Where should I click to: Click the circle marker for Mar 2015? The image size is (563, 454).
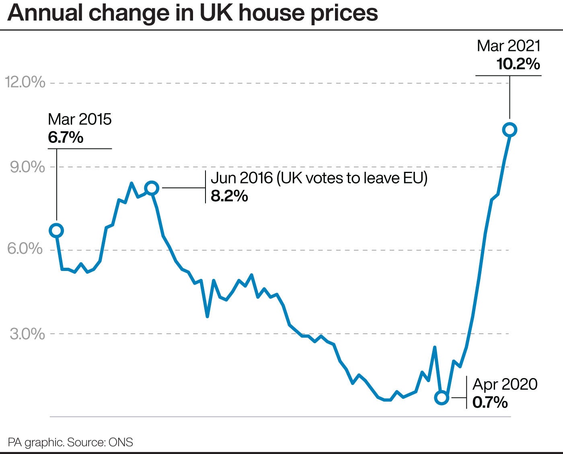(x=56, y=230)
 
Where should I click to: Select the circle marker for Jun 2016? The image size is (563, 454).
(x=152, y=187)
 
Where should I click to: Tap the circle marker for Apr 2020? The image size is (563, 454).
(x=442, y=397)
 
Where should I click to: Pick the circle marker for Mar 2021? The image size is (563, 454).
(x=510, y=130)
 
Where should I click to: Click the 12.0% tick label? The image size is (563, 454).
(x=25, y=82)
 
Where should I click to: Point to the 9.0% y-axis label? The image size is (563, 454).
(x=27, y=167)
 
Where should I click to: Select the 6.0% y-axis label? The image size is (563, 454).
(x=25, y=249)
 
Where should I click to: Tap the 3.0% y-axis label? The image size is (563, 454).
(x=27, y=334)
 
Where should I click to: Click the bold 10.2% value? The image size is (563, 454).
(x=518, y=64)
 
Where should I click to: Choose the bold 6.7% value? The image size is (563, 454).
(x=66, y=138)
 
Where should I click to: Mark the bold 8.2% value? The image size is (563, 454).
(x=229, y=196)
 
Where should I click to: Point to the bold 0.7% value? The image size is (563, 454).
(x=490, y=402)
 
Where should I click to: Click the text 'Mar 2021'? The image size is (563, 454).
(x=509, y=46)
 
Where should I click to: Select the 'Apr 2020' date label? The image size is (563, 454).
(x=505, y=384)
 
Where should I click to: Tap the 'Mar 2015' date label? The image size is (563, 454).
(x=80, y=119)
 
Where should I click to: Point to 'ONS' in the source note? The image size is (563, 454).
(x=121, y=442)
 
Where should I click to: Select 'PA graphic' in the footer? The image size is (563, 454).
(x=35, y=442)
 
